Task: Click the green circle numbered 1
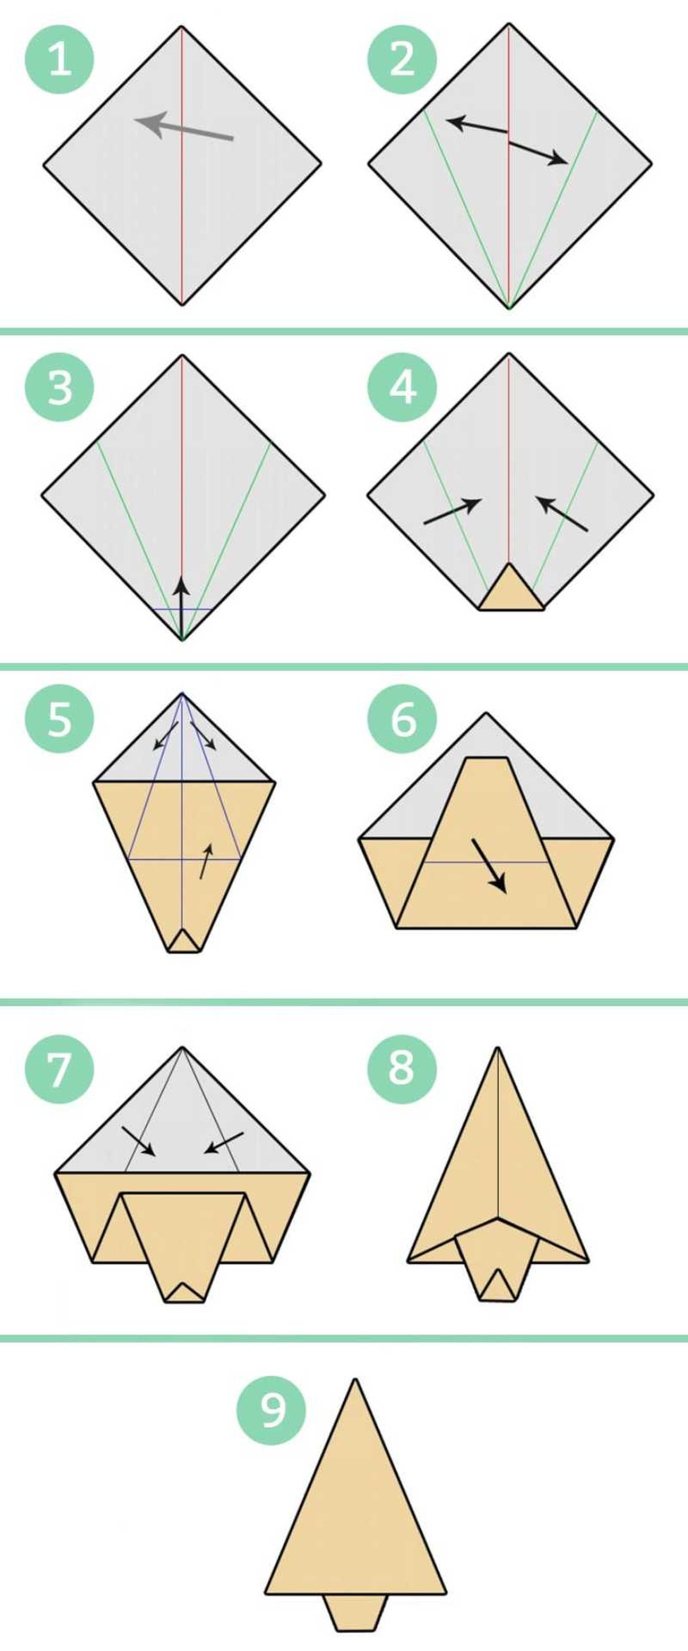(59, 60)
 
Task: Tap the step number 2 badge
(401, 60)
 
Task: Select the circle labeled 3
(59, 387)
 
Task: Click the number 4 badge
(401, 387)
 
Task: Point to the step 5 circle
(59, 718)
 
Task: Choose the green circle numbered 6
(401, 718)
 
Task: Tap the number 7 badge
(59, 1069)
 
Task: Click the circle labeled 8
(401, 1069)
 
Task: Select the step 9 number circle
(271, 1411)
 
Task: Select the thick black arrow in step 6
(489, 865)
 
